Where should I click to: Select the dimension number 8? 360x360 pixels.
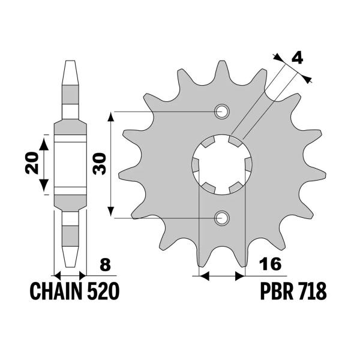point(106,265)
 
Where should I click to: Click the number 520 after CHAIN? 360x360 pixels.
point(104,292)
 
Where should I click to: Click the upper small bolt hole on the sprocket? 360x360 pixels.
point(221,111)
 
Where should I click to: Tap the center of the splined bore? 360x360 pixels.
point(221,164)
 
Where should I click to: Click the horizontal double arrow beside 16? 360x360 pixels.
point(221,277)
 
